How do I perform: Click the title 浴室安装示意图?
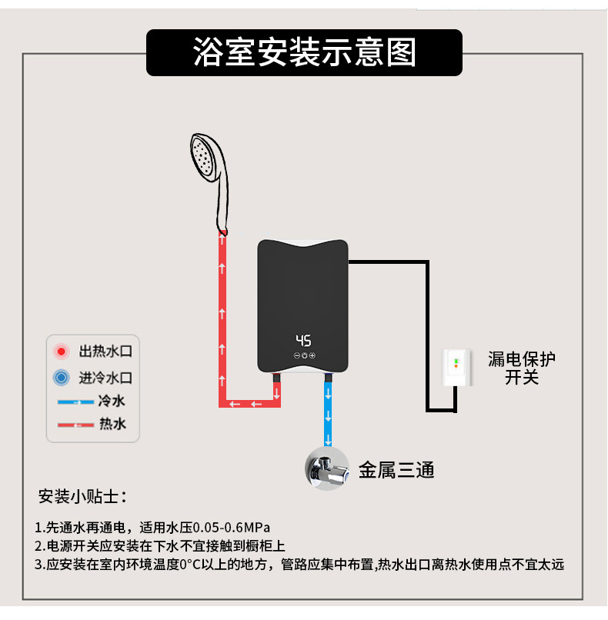[304, 52]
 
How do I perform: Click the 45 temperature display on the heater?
[303, 341]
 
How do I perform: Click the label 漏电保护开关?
[521, 368]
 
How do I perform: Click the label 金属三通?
[396, 469]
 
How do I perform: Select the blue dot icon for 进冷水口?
[62, 378]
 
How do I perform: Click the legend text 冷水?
[112, 401]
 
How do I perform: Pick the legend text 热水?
[112, 424]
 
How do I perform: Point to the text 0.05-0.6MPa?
[232, 528]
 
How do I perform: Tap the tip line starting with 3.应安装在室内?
[299, 565]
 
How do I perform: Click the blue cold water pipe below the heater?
[329, 412]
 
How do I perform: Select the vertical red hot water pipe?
[222, 315]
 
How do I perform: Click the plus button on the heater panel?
[312, 355]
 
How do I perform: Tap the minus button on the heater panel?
[296, 355]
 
